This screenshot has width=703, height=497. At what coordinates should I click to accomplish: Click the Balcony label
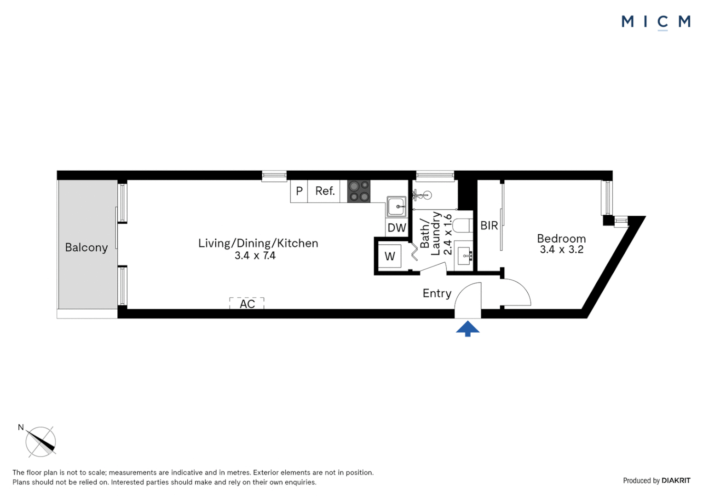[x=86, y=248]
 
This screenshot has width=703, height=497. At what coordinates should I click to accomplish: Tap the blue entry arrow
[x=467, y=329]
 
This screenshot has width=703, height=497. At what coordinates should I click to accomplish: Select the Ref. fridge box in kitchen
[x=324, y=191]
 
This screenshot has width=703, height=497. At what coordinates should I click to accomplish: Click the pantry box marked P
[x=299, y=191]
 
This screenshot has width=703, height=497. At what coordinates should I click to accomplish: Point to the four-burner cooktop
[x=359, y=191]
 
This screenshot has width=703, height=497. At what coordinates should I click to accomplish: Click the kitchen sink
[x=396, y=207]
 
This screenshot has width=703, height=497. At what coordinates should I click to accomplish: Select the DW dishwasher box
[x=397, y=228]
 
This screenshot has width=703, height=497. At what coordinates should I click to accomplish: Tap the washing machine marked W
[x=390, y=256]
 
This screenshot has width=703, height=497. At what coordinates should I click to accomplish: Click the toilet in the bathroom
[x=462, y=225]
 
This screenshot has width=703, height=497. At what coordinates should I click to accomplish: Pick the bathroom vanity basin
[x=465, y=254]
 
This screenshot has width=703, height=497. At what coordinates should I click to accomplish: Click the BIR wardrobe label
[x=489, y=225]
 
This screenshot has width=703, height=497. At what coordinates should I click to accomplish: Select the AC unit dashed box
[x=247, y=303]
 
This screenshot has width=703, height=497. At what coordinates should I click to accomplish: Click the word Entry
[x=437, y=294]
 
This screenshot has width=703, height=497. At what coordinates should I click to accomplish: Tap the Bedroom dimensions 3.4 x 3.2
[x=561, y=250]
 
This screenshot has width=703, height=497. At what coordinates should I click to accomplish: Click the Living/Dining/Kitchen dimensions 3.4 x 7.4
[x=255, y=256]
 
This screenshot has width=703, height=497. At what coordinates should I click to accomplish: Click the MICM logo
[x=656, y=22]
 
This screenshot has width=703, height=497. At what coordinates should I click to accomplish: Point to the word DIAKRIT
[x=676, y=480]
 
